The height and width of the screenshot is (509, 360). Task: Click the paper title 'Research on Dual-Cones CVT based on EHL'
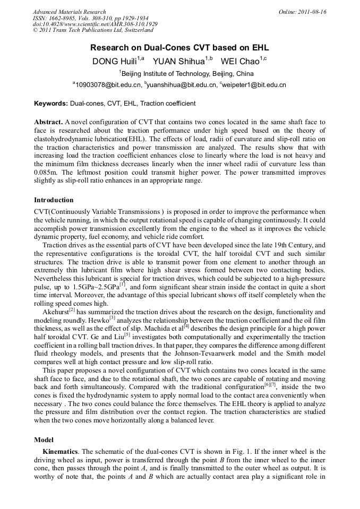click(x=179, y=48)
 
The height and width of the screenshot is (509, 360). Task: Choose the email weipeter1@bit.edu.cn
click(x=254, y=85)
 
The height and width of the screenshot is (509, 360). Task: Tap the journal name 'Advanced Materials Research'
click(x=70, y=12)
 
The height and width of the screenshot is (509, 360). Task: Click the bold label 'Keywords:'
click(x=51, y=103)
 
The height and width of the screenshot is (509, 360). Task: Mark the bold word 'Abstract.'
click(x=48, y=122)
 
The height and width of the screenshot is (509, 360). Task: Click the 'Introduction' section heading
click(x=54, y=200)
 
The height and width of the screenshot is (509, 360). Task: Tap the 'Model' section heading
click(x=44, y=440)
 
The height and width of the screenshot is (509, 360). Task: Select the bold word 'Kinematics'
click(x=61, y=452)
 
